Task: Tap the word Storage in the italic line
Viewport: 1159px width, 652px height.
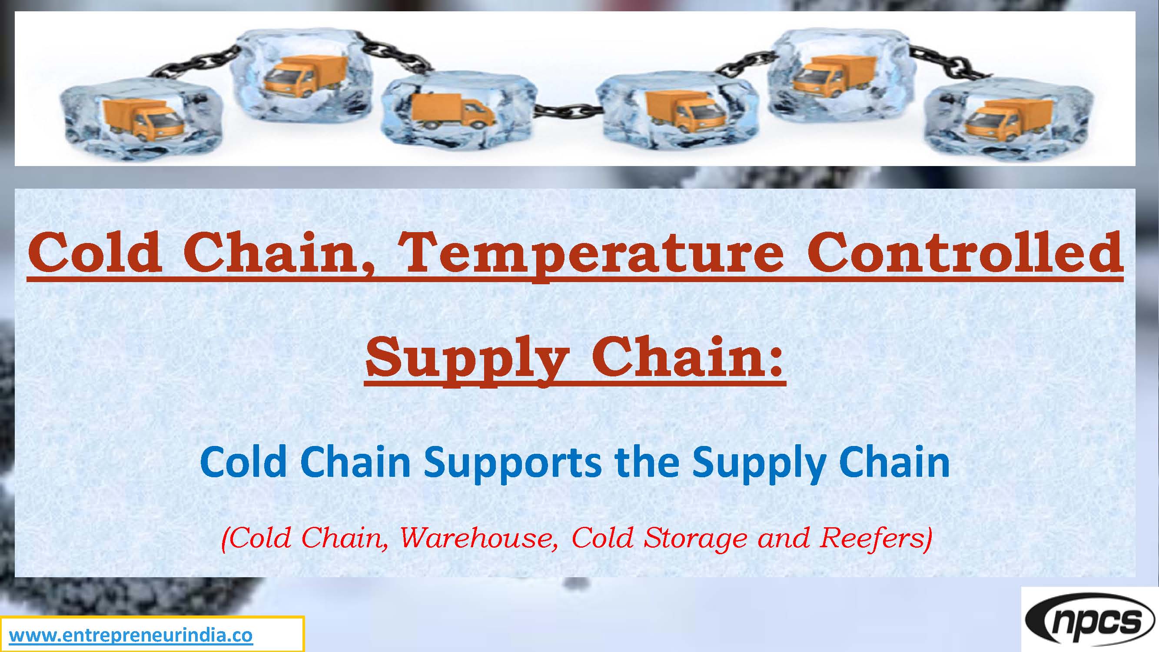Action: click(698, 537)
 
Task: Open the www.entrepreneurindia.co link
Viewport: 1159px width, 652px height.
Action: click(131, 636)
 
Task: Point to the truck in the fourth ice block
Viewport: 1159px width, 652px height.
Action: click(684, 113)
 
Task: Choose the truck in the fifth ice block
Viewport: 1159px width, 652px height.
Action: click(832, 74)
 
